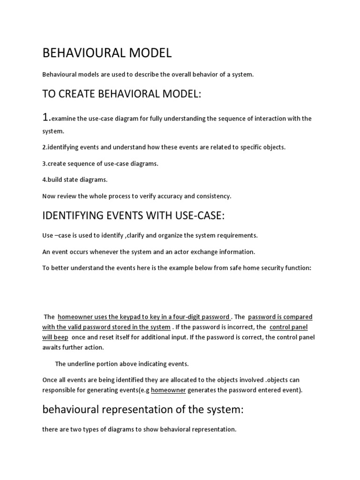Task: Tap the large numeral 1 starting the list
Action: tap(46, 117)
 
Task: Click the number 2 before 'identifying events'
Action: tap(44, 147)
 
